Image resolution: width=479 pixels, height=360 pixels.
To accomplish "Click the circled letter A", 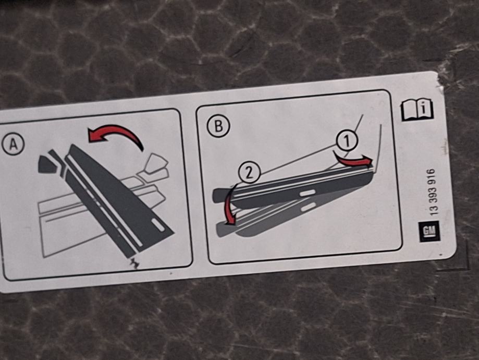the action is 13,145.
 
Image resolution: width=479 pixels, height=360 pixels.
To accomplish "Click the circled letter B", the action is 218,126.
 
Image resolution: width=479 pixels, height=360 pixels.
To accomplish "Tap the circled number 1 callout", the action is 347,141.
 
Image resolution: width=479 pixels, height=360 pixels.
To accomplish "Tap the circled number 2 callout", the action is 249,173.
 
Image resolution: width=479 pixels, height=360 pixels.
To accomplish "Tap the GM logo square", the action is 429,232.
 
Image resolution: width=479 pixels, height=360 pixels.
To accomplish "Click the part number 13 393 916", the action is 434,192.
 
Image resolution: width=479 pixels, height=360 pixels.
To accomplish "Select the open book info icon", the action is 416,109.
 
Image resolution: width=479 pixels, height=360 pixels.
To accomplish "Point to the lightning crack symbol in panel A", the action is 134,262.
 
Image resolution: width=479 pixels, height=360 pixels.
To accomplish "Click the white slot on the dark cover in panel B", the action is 308,193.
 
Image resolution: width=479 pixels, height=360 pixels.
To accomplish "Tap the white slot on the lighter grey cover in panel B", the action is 308,207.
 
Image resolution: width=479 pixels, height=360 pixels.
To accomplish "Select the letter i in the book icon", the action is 423,109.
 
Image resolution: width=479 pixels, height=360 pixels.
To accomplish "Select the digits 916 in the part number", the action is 434,176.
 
